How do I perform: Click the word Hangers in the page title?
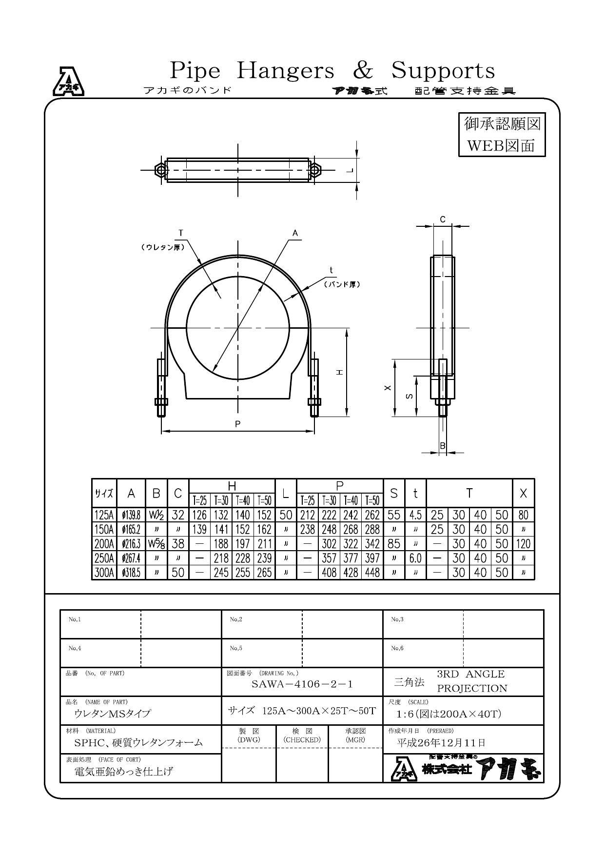pos(285,71)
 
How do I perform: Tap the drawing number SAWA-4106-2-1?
pos(302,684)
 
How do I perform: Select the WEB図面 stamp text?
pos(501,145)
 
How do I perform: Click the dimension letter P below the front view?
pos(238,424)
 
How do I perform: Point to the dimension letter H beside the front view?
pos(340,372)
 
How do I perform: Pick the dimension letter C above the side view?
pos(443,219)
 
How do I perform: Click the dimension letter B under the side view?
pos(443,445)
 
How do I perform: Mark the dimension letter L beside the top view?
pos(349,170)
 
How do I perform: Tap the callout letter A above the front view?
pos(295,233)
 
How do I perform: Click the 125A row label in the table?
pos(104,515)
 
